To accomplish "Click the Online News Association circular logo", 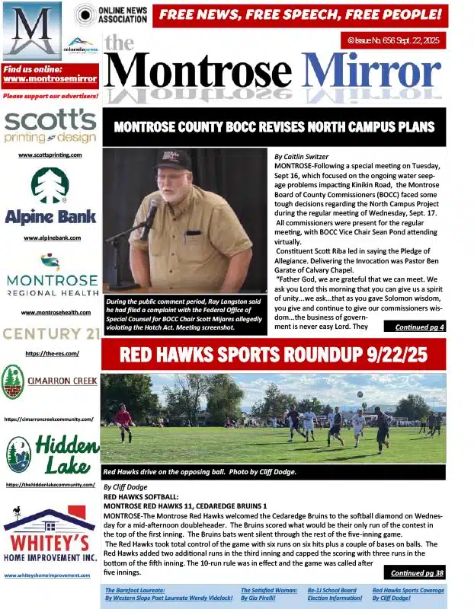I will click(x=85, y=14).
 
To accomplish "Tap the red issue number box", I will click(x=392, y=40).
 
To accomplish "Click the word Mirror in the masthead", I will click(x=371, y=72).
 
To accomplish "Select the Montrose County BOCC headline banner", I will click(x=274, y=127).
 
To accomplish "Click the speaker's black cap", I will click(x=172, y=159).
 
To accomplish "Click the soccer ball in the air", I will click(x=360, y=394).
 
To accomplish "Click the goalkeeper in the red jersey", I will click(x=123, y=420).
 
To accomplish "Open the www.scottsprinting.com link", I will click(x=50, y=155).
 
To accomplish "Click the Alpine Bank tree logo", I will click(x=50, y=185).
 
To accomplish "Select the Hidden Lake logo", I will click(x=50, y=454).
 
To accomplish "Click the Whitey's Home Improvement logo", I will click(x=50, y=537).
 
